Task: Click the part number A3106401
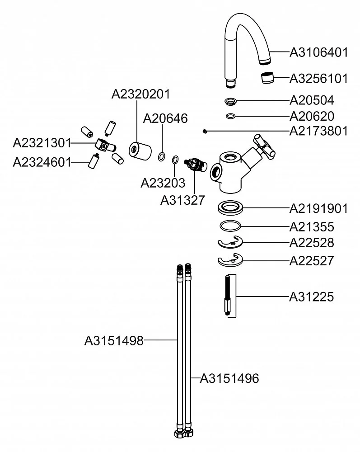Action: point(318,52)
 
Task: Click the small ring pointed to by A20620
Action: point(231,117)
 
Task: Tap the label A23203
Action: point(163,183)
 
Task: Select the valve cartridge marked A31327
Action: point(196,165)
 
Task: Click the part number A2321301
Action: point(42,143)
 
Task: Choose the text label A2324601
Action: point(42,162)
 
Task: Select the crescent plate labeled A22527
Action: point(230,261)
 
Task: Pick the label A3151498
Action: point(114,340)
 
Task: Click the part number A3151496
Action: point(229,378)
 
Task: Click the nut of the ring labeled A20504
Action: point(231,100)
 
